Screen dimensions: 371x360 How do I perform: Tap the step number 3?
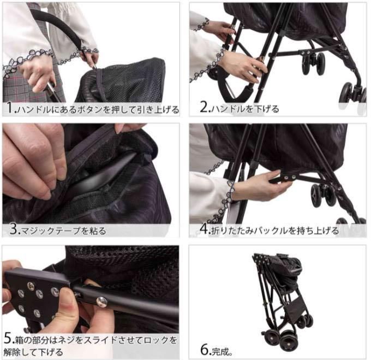tap(14, 229)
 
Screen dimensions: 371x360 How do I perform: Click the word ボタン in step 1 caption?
tap(91, 110)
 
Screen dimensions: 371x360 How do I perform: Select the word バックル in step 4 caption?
tap(271, 231)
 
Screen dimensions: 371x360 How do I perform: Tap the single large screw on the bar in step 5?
tap(101, 302)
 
